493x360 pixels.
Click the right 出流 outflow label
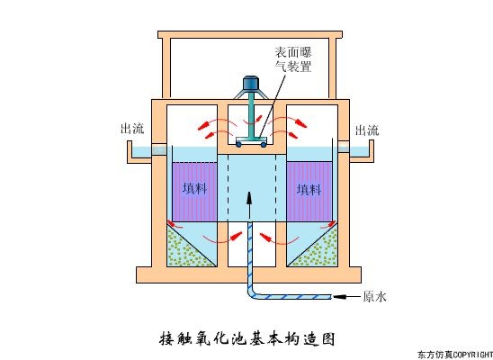[x=366, y=129]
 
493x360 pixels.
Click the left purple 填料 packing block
[x=193, y=190]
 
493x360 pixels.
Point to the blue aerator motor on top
[x=249, y=86]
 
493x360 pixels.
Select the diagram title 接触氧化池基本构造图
[x=246, y=339]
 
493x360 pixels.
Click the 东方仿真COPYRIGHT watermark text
[x=454, y=354]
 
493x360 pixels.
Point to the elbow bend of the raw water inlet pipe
[x=255, y=292]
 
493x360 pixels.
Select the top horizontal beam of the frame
[x=249, y=36]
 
